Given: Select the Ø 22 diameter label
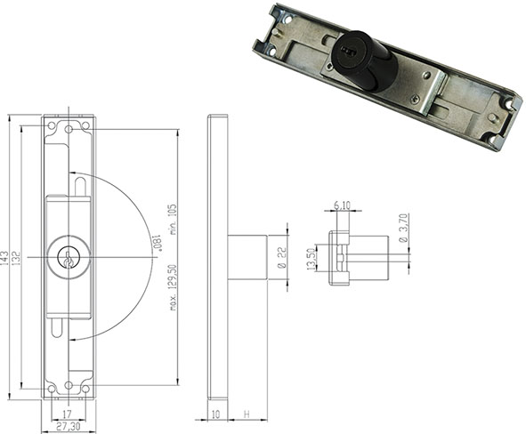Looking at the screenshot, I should [x=282, y=257].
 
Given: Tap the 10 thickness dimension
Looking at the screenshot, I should [x=215, y=414].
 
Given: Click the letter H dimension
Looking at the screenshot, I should [x=247, y=414].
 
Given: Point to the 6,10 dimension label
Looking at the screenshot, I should [x=342, y=205].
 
